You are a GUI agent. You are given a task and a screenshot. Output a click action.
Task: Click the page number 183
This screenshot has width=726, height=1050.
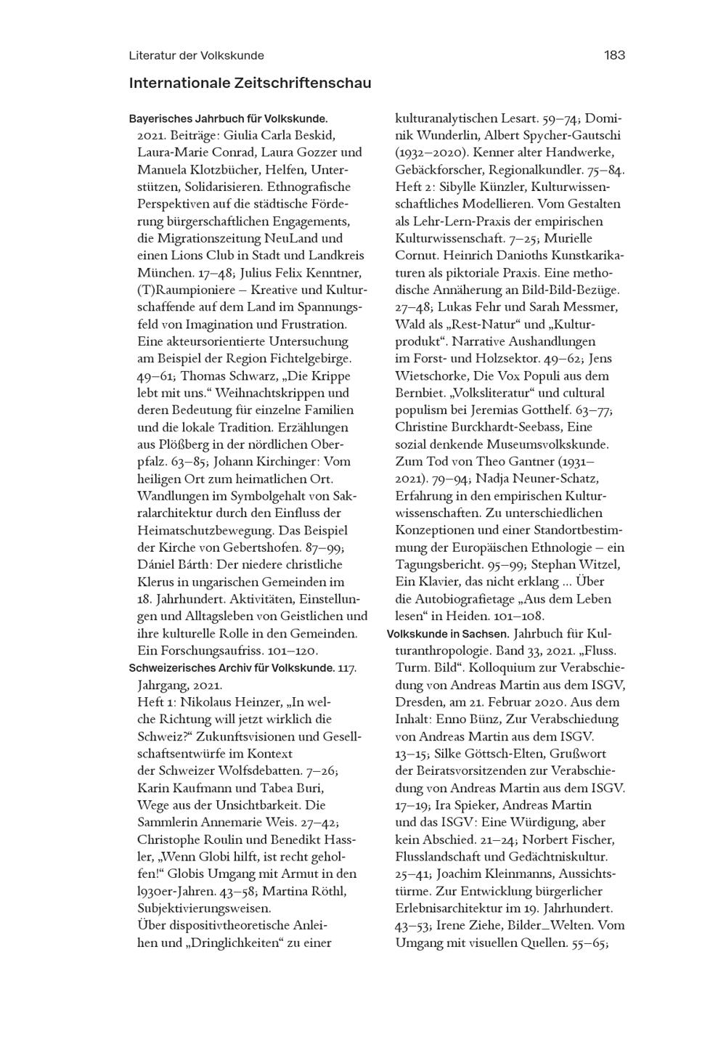(613, 55)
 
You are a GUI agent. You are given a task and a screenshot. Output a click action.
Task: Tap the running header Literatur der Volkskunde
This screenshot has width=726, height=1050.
(196, 55)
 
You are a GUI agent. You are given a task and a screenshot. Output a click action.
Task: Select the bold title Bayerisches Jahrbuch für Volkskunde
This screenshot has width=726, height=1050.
(228, 118)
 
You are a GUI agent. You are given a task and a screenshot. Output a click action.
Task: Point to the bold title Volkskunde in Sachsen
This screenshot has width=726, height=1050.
(447, 633)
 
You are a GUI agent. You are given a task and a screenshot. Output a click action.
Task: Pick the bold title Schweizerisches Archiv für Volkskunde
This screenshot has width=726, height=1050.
(232, 667)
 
